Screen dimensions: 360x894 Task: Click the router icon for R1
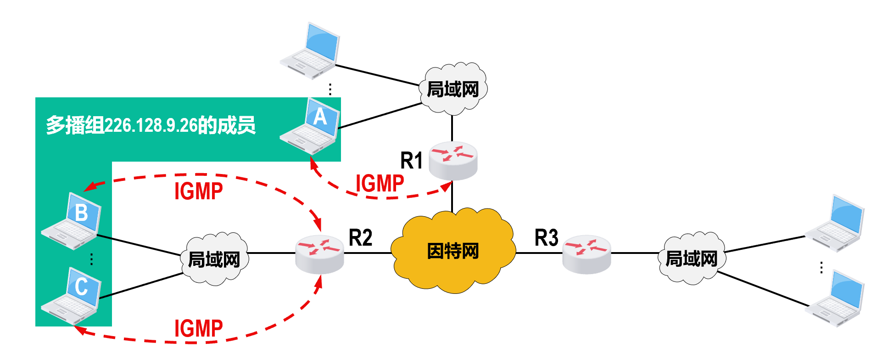(453, 160)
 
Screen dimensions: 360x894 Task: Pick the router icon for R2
(319, 254)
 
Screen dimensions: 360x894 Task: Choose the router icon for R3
(587, 254)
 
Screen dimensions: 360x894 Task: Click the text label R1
(411, 161)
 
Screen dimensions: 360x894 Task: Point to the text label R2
(360, 238)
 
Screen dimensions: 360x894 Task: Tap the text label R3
(546, 238)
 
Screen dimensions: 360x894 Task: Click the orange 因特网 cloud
(453, 251)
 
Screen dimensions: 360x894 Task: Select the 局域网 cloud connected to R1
(453, 89)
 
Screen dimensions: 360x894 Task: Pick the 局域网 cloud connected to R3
(692, 259)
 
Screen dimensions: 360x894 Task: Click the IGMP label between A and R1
(380, 184)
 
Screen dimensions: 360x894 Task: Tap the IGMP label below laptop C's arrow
(199, 329)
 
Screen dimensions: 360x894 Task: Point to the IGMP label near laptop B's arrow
(199, 191)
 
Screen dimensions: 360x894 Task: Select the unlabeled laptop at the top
(311, 51)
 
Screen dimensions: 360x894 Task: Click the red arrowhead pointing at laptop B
(89, 186)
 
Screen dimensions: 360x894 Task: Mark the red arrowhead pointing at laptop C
(79, 329)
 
